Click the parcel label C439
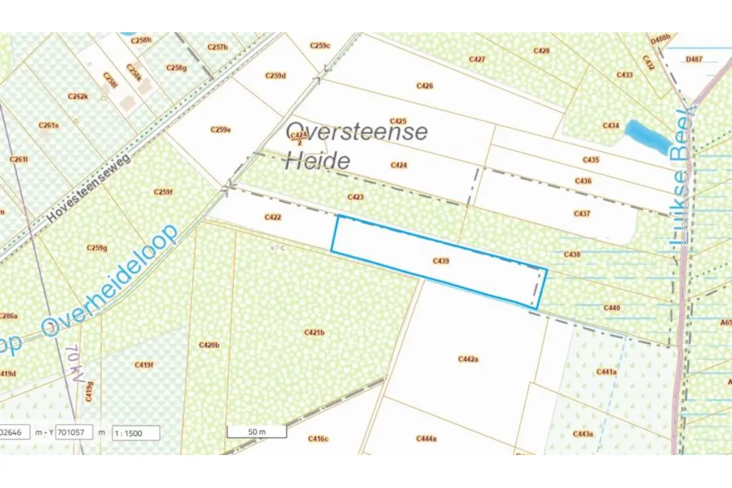point(440,261)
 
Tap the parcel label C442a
point(468,359)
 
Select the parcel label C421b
point(314,332)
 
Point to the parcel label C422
point(273,217)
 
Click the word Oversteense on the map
point(357,132)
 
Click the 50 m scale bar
point(257,432)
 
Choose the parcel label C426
point(425,86)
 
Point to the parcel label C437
point(582,213)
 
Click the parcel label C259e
point(220,129)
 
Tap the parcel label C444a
point(426,439)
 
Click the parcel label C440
point(611,308)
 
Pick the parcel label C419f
point(144,365)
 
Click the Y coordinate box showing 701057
point(74,432)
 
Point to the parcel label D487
point(694,59)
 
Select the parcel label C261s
point(48,126)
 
